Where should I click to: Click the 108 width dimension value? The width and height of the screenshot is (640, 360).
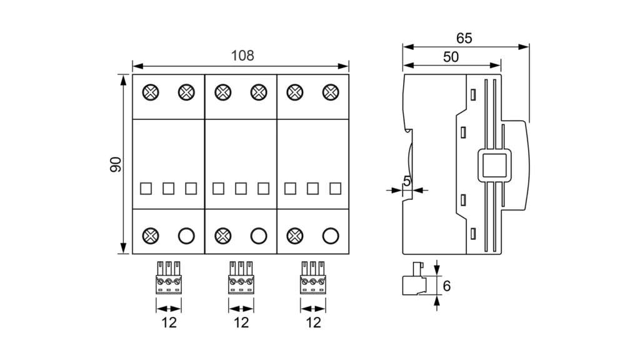pyautogui.click(x=242, y=55)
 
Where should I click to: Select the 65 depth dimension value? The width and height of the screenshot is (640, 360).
pyautogui.click(x=464, y=38)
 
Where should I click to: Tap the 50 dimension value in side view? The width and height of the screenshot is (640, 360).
pyautogui.click(x=451, y=57)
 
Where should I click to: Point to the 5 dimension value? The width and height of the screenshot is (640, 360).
pyautogui.click(x=407, y=182)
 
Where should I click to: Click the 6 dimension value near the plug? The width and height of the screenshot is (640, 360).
pyautogui.click(x=446, y=286)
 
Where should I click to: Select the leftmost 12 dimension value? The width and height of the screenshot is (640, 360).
pyautogui.click(x=169, y=322)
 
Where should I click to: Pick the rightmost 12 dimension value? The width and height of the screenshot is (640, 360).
pyautogui.click(x=314, y=322)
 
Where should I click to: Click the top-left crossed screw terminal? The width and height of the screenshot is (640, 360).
pyautogui.click(x=150, y=92)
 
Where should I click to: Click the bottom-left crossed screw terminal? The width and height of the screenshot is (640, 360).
pyautogui.click(x=150, y=236)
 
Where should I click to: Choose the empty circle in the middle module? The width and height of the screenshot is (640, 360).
pyautogui.click(x=258, y=236)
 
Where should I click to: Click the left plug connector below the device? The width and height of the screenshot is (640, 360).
pyautogui.click(x=169, y=277)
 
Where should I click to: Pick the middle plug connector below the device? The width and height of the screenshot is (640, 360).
pyautogui.click(x=241, y=277)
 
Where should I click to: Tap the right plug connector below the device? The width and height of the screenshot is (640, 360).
pyautogui.click(x=313, y=277)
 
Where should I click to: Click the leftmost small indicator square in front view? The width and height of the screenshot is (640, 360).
pyautogui.click(x=146, y=188)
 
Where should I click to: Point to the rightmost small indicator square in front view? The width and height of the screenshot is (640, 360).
pyautogui.click(x=336, y=188)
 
